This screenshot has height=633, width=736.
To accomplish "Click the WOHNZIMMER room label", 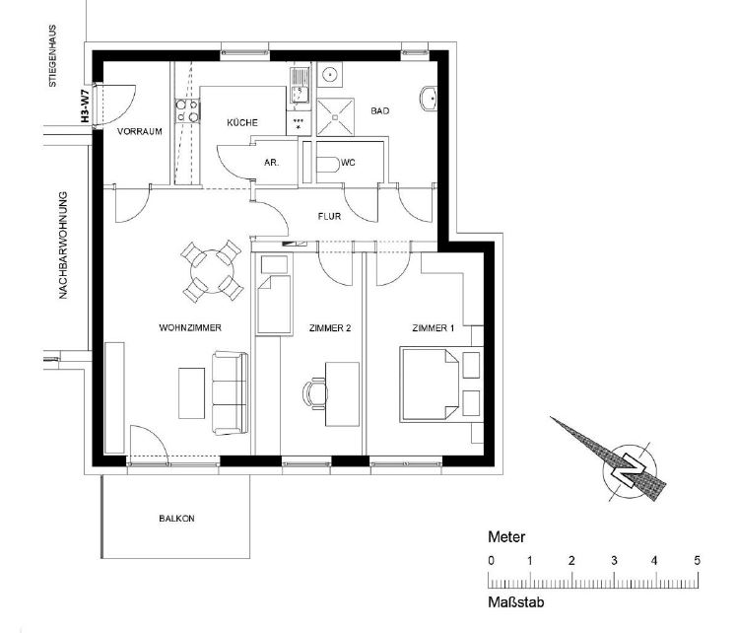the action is point(190,327).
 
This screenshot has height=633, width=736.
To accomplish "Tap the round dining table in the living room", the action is point(212,271).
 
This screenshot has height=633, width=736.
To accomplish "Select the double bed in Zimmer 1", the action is point(429,385).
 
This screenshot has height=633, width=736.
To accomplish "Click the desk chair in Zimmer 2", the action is point(314,393).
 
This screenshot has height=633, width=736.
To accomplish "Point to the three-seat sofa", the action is point(230,393).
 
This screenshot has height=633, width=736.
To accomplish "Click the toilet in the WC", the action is point(328,164).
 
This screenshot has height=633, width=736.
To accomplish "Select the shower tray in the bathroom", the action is point(335,116).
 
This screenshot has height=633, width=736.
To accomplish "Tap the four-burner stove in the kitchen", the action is point(187,111).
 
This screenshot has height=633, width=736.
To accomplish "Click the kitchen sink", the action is point(300,88).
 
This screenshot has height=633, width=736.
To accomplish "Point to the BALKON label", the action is point(176,519).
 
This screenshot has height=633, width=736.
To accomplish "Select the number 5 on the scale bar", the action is point(697,560).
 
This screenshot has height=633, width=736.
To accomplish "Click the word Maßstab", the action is point(516,602).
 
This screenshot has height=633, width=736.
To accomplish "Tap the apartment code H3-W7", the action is point(85,107).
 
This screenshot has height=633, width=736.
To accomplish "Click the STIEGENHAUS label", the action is point(52,56).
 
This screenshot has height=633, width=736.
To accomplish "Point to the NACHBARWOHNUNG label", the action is point(63,246).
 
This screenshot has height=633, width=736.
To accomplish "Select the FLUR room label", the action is point(329,217).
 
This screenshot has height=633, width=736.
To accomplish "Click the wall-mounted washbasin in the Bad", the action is point(428,99).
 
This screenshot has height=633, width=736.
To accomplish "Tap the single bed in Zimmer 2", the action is point(274,306).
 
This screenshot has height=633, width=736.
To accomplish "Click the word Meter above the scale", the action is point(506,536).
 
